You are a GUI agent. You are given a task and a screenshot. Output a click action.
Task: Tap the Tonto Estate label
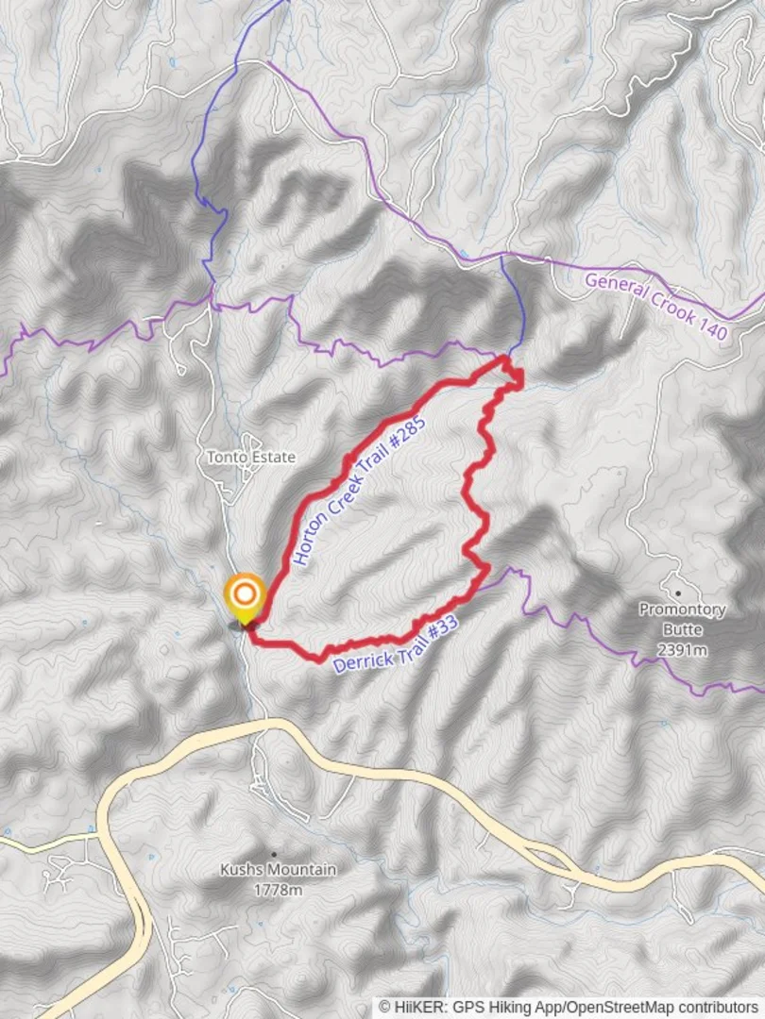pos(251,458)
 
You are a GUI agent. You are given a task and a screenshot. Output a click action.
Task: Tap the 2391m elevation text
pos(682,649)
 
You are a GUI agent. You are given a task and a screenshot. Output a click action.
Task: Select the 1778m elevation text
pos(277,890)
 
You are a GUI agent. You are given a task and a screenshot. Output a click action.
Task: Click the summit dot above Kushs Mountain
pos(274,853)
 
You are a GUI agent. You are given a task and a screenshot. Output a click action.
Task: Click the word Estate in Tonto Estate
pos(273,458)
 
